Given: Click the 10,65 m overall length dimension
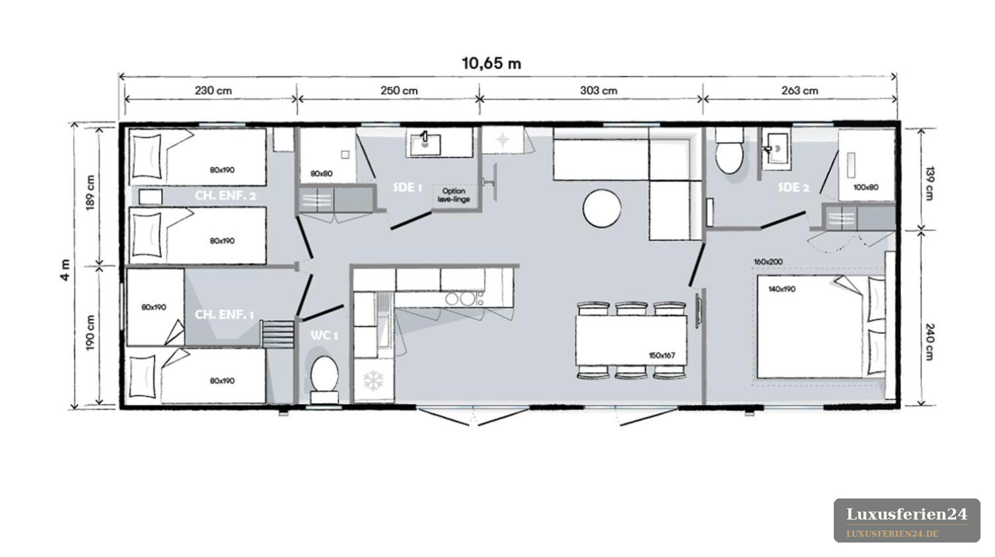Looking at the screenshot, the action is click(x=492, y=64).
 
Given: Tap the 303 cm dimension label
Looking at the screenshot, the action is click(x=598, y=91).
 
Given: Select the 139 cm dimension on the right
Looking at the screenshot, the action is click(x=929, y=183).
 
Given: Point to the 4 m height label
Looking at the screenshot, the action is click(x=65, y=270).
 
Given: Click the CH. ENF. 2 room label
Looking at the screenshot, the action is click(x=226, y=196).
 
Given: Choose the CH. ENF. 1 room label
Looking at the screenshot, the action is click(x=224, y=315).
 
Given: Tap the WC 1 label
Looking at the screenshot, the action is click(x=324, y=335).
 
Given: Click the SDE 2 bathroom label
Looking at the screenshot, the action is click(x=794, y=187).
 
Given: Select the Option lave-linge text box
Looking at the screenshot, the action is click(x=453, y=195).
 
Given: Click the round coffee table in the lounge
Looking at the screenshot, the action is click(x=602, y=208).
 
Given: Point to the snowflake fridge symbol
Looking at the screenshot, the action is click(x=373, y=380).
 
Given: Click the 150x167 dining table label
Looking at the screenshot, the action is click(x=662, y=356).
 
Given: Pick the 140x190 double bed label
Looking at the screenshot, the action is click(x=782, y=289).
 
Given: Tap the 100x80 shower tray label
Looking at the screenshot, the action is click(x=866, y=187).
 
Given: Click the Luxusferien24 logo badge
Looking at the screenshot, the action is click(x=907, y=520).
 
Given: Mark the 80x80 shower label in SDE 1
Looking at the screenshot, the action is click(x=322, y=174).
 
